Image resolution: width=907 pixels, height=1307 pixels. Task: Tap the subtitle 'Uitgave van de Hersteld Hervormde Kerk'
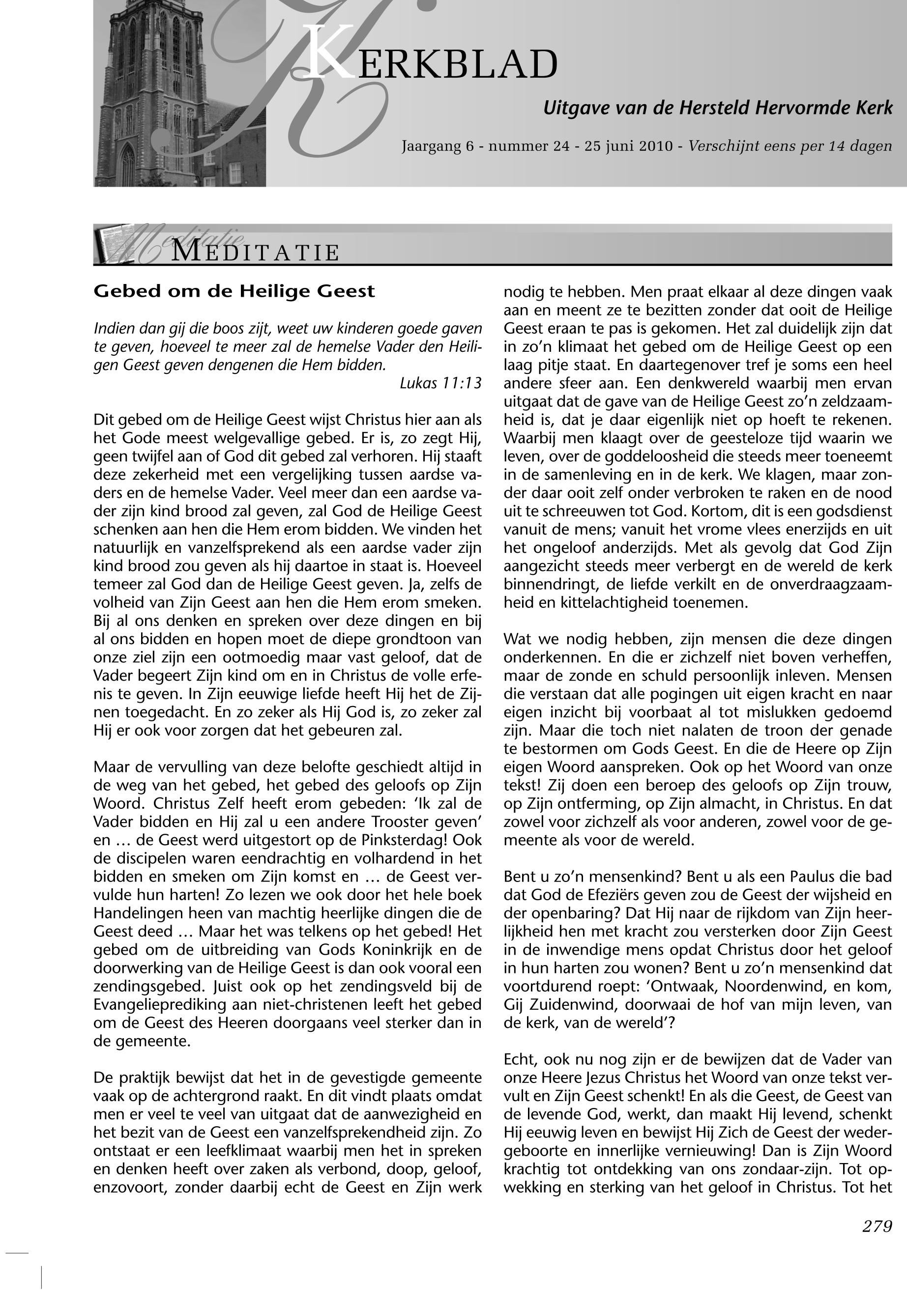pyautogui.click(x=717, y=108)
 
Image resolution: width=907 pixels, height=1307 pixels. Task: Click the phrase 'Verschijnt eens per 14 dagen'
pyautogui.click(x=790, y=146)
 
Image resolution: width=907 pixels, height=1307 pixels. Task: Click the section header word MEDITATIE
pyautogui.click(x=256, y=252)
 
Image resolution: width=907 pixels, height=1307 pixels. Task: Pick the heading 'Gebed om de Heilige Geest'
pyautogui.click(x=234, y=291)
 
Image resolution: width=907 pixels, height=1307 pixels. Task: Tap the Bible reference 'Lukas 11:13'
pyautogui.click(x=440, y=383)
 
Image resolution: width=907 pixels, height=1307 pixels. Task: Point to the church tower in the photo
pyautogui.click(x=153, y=85)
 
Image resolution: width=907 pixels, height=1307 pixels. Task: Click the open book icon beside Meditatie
pyautogui.click(x=114, y=245)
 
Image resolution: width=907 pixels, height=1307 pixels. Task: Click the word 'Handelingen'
pyautogui.click(x=139, y=913)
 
